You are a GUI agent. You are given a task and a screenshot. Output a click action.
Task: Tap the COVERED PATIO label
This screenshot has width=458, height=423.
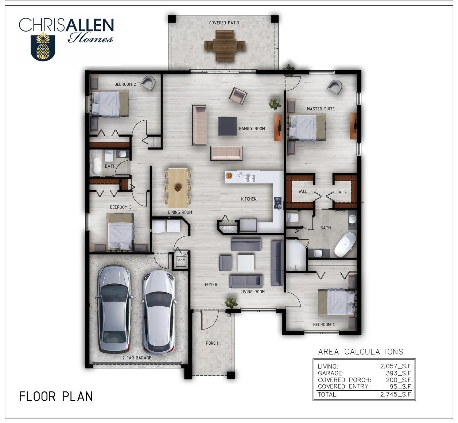point(224,23)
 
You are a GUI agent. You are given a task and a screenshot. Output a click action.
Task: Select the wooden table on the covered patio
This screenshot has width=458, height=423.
point(225,46)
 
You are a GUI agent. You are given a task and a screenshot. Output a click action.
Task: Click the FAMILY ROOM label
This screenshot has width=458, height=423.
point(252,129)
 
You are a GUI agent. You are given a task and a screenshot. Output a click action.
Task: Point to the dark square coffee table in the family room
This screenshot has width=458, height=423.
point(227,126)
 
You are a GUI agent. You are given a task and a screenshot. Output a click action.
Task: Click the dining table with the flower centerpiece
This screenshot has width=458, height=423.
point(178,188)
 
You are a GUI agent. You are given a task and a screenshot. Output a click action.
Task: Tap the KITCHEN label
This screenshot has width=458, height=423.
point(249,199)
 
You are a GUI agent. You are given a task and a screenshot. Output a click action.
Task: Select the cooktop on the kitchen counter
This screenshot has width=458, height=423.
point(278,203)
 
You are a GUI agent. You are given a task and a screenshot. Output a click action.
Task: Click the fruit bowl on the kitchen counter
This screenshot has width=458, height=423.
point(229,176)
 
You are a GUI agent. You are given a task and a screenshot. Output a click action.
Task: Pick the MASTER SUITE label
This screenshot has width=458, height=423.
point(320,109)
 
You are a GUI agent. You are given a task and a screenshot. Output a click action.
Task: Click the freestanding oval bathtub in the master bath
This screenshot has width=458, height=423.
point(345,244)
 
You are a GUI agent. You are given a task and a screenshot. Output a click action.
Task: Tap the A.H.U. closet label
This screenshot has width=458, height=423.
point(182,260)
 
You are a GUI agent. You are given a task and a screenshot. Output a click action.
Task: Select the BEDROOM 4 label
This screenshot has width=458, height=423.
point(324,324)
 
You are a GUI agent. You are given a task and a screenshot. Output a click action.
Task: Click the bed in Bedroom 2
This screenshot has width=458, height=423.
point(110,104)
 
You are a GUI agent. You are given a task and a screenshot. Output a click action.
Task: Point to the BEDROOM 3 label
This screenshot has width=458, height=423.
point(121,207)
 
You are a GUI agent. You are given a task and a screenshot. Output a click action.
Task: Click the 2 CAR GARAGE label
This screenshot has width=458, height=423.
point(137,358)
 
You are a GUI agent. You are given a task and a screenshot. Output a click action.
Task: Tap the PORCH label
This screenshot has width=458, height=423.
point(212,343)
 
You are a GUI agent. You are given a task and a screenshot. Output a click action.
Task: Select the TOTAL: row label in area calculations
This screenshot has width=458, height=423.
point(328,395)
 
